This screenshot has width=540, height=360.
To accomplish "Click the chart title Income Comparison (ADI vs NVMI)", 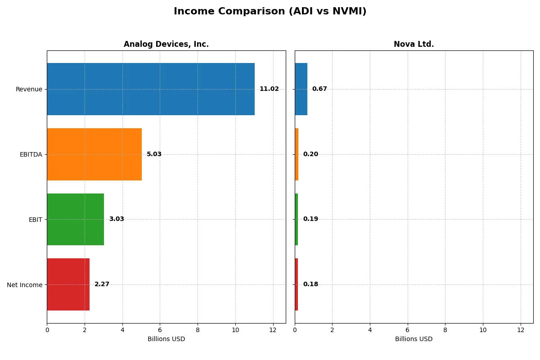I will [x=270, y=11].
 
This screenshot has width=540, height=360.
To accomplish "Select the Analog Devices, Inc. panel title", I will [x=166, y=44].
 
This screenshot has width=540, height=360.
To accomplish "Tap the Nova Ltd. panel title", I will [x=414, y=44].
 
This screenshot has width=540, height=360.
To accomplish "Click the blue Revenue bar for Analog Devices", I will [x=151, y=89].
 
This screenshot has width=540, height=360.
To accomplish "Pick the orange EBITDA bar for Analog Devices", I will [x=94, y=154].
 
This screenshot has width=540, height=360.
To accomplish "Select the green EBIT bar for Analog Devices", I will [x=75, y=219].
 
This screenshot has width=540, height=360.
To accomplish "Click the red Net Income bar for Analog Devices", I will [x=68, y=284].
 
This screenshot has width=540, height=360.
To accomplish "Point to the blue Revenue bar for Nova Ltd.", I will [x=301, y=89].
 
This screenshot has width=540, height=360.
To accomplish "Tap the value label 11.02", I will [x=269, y=89].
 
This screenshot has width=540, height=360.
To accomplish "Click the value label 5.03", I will [x=154, y=154].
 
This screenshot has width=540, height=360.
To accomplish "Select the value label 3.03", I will [x=116, y=219].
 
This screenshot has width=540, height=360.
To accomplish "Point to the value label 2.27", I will [x=102, y=284].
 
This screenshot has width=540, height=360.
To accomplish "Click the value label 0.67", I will [x=319, y=89].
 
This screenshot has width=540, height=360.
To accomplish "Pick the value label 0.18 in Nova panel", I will [x=310, y=284].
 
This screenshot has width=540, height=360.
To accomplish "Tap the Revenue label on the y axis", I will [x=29, y=89].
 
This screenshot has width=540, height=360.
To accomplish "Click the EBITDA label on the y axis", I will [x=31, y=154].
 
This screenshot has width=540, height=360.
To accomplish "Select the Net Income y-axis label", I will [x=25, y=284].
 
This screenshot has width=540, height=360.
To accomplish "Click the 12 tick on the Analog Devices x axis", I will [x=273, y=330].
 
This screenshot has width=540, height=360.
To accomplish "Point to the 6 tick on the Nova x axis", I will [x=408, y=330].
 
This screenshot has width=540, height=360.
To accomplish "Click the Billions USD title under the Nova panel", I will [x=414, y=339].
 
